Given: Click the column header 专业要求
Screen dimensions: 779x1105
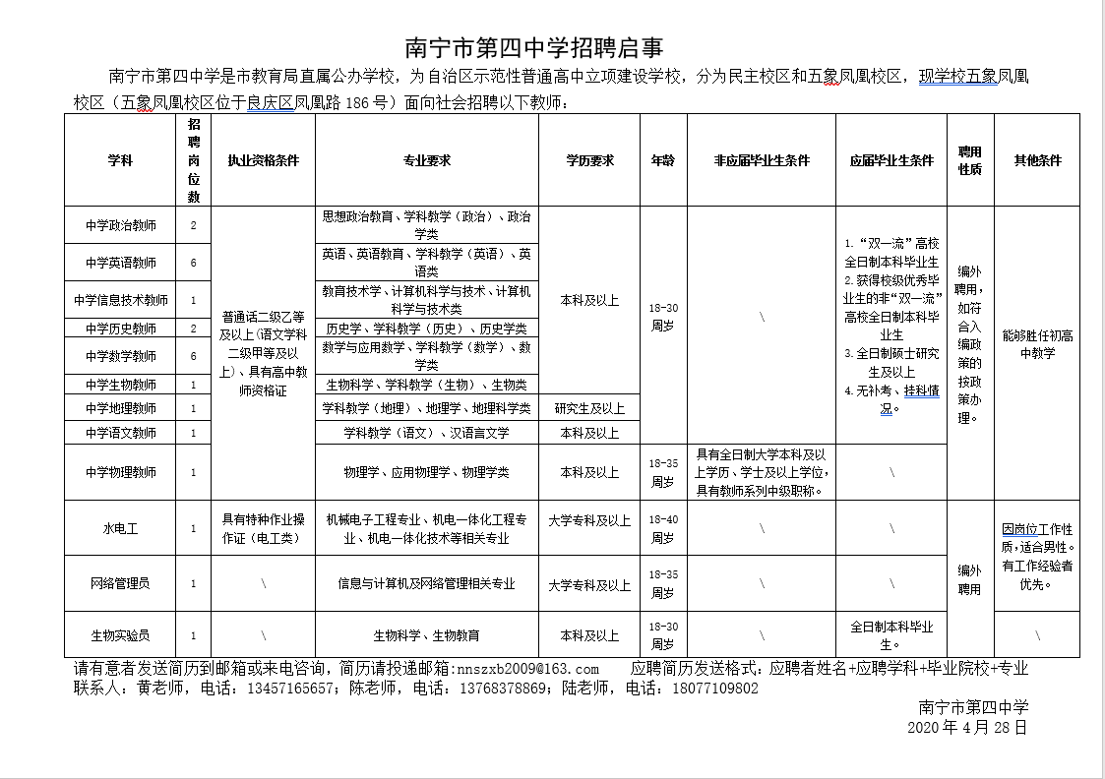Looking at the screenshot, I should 426,160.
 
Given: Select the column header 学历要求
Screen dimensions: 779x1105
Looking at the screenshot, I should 589,160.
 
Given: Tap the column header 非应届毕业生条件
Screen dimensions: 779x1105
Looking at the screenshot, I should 762,160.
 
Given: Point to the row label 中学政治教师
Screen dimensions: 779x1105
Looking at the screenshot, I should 120,225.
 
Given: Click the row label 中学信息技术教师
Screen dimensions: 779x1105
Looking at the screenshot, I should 120,300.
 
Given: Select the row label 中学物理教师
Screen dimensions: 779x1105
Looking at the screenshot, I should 120,472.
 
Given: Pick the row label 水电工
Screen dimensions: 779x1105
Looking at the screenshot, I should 120,528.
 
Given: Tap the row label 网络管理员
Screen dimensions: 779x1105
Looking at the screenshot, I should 120,583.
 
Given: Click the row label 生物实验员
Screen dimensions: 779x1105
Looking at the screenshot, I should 120,636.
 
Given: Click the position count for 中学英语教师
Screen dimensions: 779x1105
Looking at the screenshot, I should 194,263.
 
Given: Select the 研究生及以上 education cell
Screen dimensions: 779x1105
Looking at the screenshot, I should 589,408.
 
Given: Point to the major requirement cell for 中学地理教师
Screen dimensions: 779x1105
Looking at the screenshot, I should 426,408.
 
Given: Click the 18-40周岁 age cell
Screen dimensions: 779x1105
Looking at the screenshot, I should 663,528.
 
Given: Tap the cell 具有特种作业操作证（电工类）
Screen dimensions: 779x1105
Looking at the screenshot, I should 264,528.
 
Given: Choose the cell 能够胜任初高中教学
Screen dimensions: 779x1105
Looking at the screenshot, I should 1037,344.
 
